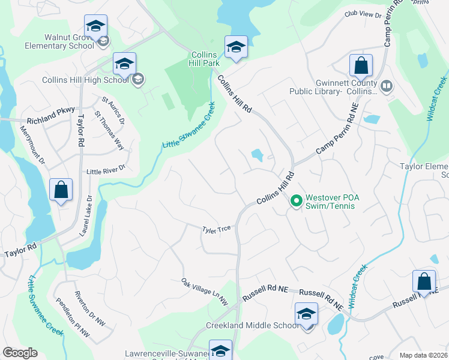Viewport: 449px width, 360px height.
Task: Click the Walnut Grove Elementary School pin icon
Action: coord(95,26)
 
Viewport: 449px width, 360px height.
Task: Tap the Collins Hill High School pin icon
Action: coord(124,64)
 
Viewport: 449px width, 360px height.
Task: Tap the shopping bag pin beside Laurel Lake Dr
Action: coord(61,191)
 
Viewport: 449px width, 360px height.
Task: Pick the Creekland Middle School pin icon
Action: coord(306,315)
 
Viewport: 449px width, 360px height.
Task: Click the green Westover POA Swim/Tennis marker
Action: coord(295,201)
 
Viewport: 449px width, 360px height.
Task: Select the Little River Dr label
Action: coord(106,170)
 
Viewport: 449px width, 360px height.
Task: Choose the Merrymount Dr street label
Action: coord(32,145)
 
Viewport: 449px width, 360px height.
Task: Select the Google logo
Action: coord(20,353)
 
